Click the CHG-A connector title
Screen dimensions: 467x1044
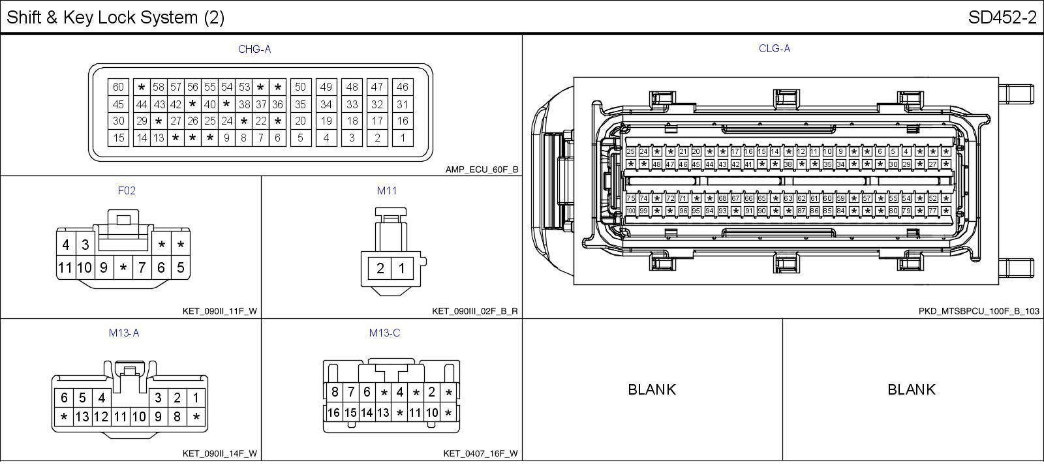coord(254,49)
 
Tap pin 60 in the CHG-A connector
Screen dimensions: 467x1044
coord(118,87)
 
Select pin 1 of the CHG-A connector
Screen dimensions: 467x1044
coord(403,138)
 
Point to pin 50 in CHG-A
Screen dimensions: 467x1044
coord(300,87)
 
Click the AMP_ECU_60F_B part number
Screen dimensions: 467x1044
coord(482,170)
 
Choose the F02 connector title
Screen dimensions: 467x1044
coord(127,190)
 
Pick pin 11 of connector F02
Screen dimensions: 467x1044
coord(65,267)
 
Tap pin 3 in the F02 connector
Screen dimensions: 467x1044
coord(85,245)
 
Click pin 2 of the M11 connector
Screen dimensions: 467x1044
coord(380,268)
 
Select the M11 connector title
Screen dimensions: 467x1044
coord(386,190)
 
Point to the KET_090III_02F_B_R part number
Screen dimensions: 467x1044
coord(474,311)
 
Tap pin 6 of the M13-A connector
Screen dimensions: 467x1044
coord(64,398)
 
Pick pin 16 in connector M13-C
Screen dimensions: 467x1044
coord(333,412)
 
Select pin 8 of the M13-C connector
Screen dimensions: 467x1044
coord(335,392)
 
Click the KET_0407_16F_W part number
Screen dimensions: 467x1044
coord(480,453)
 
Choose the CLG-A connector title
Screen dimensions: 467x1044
coord(775,49)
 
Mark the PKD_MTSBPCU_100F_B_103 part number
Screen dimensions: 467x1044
coord(979,311)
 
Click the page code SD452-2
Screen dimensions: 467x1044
coord(1002,18)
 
